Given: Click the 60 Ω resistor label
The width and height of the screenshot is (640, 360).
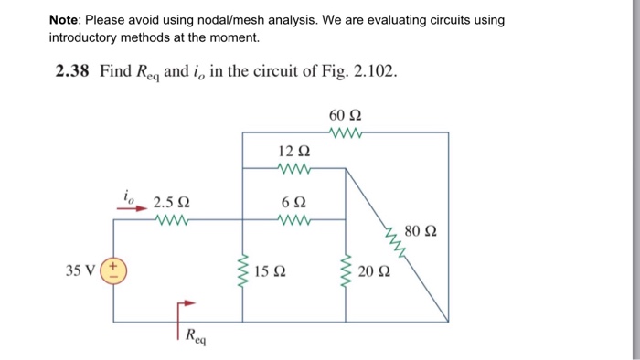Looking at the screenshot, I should click(345, 116).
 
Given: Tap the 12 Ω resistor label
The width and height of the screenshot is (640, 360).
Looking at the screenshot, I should click(293, 151).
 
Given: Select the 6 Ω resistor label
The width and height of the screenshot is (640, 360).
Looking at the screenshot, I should click(293, 202).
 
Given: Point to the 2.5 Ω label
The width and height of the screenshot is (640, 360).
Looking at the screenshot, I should click(172, 202).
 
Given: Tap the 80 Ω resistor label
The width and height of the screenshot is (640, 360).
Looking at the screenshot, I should click(420, 231).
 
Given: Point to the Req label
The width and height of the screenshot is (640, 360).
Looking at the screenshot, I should click(195, 335).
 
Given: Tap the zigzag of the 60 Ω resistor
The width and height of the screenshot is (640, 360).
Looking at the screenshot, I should click(346, 132).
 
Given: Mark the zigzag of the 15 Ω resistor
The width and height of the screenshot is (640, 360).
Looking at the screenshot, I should click(243, 270).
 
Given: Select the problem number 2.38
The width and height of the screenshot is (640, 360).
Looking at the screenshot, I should click(68, 71).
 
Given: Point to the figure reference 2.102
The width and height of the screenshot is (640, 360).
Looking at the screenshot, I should click(373, 71).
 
